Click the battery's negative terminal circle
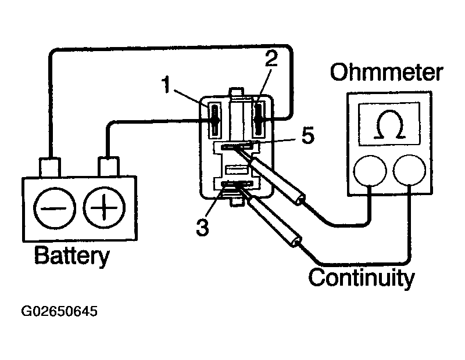coord(54,208)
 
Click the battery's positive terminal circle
coord(104,207)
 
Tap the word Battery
coord(71,256)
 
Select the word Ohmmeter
coord(387,72)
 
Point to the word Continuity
coord(362,278)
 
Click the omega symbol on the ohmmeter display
coord(389,124)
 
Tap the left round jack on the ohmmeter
coord(370,171)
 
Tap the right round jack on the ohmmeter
coord(410,170)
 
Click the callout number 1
coord(167,84)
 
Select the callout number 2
coord(271,59)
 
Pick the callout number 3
coord(202,228)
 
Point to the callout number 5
coord(308,136)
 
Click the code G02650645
coord(59,311)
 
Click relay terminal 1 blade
coord(215,120)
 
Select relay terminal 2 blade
coord(259,120)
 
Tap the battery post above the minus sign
coord(50,167)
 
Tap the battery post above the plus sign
coord(109,167)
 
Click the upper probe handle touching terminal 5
coord(276,179)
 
